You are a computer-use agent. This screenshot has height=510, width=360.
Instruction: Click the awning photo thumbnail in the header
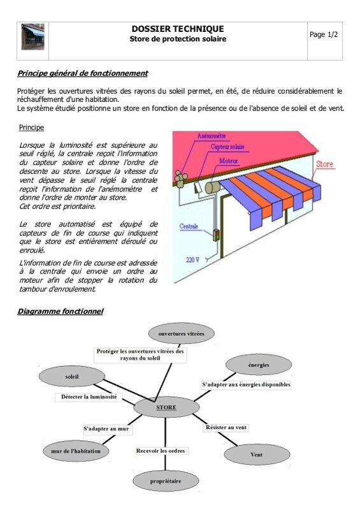click(x=32, y=36)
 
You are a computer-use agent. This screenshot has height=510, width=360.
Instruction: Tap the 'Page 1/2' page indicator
click(x=324, y=34)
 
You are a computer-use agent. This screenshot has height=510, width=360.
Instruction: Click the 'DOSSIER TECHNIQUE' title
click(x=178, y=29)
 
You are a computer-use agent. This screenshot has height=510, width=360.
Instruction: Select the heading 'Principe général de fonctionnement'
click(x=83, y=73)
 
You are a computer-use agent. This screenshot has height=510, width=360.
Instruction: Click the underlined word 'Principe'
click(x=31, y=127)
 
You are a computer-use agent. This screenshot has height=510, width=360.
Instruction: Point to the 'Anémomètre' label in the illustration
click(x=212, y=136)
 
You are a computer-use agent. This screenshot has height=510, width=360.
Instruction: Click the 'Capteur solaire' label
click(x=227, y=147)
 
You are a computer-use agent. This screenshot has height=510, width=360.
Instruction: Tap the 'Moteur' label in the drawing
click(x=228, y=161)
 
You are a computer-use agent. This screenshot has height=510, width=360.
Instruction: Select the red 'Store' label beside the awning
click(x=325, y=164)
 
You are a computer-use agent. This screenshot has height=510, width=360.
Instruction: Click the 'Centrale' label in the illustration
click(x=189, y=226)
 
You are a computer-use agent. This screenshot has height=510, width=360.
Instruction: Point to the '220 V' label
click(x=192, y=259)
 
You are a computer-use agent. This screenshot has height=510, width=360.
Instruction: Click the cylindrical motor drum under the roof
click(x=212, y=187)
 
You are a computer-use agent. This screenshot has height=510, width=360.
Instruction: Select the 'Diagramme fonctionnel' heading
click(x=60, y=312)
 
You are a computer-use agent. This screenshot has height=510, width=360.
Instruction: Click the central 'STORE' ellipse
click(x=166, y=407)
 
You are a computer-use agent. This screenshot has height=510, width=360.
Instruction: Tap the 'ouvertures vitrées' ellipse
click(x=181, y=333)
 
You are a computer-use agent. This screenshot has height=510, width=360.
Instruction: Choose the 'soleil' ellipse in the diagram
click(x=72, y=377)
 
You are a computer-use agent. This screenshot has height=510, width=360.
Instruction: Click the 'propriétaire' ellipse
click(x=166, y=481)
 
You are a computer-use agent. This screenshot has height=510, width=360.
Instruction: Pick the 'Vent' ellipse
click(x=257, y=455)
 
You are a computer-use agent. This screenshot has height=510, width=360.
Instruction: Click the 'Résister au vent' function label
click(x=226, y=427)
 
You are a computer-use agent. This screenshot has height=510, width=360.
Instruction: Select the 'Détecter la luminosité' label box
click(x=89, y=397)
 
